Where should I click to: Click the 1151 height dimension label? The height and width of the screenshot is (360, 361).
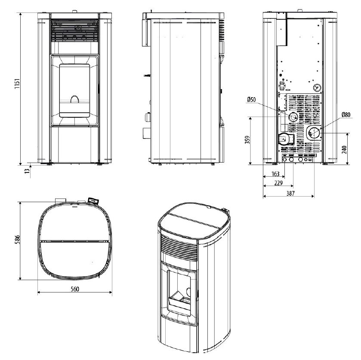pos(17,84)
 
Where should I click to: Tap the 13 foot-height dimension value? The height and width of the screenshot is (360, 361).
pos(27,171)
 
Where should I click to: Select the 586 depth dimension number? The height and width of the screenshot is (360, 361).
pos(17,240)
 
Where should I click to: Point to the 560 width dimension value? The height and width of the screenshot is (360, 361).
pos(75,289)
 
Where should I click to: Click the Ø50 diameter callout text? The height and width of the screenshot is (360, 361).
pos(251,99)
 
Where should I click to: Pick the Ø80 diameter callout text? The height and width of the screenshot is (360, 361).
pos(346,114)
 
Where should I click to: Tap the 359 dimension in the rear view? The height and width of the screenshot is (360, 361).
pos(247,140)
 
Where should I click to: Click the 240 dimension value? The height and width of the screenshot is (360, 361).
pos(344,150)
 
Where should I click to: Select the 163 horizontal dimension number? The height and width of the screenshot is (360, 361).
pos(275,174)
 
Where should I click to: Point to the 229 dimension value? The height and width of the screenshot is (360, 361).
pos(278,183)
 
